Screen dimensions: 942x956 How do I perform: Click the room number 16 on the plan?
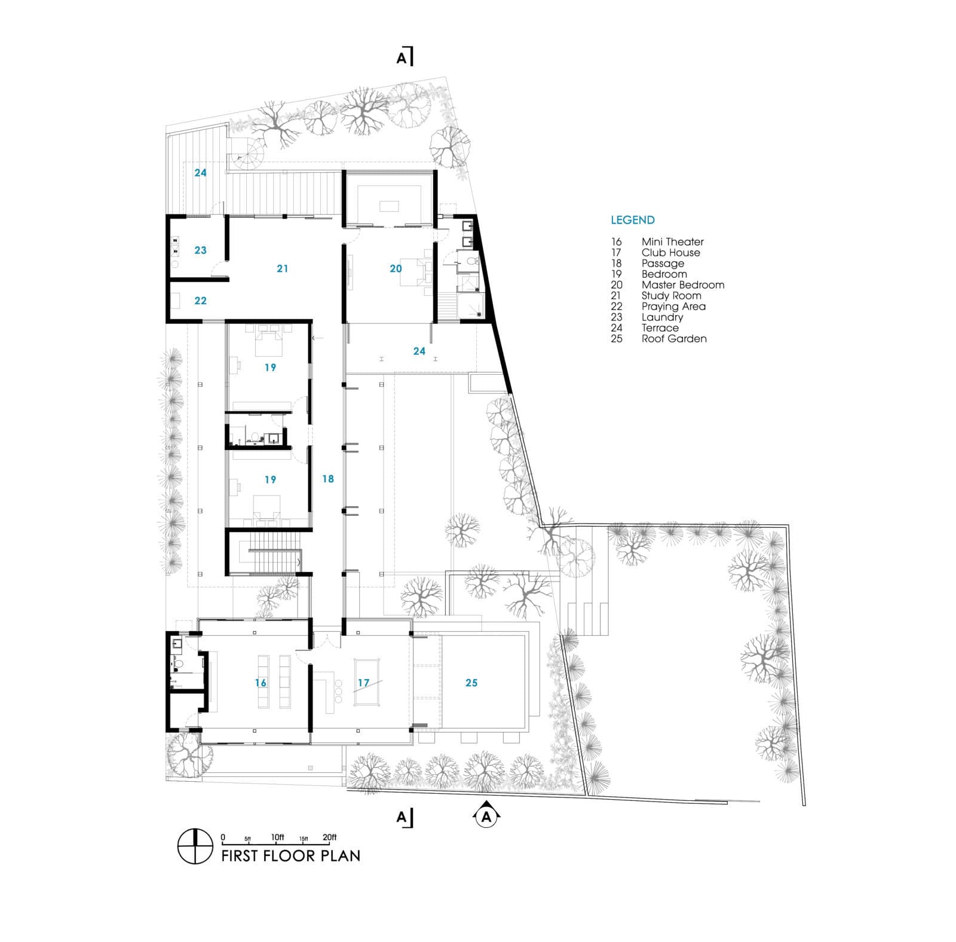[261, 683]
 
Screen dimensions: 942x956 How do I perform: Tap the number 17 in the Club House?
[363, 683]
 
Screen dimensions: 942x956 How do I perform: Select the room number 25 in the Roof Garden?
[471, 683]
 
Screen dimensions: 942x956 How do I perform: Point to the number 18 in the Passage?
[328, 479]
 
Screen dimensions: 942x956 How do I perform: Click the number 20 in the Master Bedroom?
[396, 269]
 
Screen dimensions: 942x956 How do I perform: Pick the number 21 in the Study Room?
[282, 269]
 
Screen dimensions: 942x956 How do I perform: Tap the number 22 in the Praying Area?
[200, 301]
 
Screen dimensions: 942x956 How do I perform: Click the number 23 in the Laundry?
[200, 250]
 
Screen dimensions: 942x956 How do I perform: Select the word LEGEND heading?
[632, 220]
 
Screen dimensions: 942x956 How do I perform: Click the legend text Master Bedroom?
[682, 285]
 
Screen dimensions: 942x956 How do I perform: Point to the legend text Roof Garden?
[674, 339]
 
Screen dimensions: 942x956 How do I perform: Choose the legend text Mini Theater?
[672, 242]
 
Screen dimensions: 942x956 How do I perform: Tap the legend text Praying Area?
[673, 307]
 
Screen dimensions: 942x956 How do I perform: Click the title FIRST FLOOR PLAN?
[290, 855]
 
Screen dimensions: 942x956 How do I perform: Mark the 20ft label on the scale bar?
[329, 837]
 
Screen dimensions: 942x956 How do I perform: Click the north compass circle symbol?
[195, 846]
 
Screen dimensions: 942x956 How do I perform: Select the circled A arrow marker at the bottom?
[486, 816]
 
